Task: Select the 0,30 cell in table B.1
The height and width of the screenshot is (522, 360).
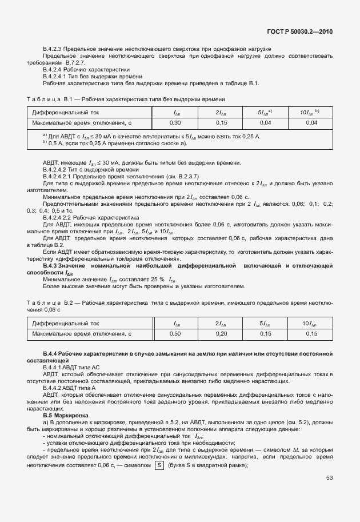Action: tap(177, 122)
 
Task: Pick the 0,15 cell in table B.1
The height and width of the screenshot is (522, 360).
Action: tap(221, 122)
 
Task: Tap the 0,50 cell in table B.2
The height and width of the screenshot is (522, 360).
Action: tap(177, 333)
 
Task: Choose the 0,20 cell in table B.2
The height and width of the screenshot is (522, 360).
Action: tap(221, 333)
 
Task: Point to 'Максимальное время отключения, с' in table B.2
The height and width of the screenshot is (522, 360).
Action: tap(82, 333)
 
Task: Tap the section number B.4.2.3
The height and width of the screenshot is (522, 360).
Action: tap(55, 50)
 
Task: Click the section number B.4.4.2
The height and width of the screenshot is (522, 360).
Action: tap(55, 388)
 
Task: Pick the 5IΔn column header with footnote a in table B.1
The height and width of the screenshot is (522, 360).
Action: tap(265, 112)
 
